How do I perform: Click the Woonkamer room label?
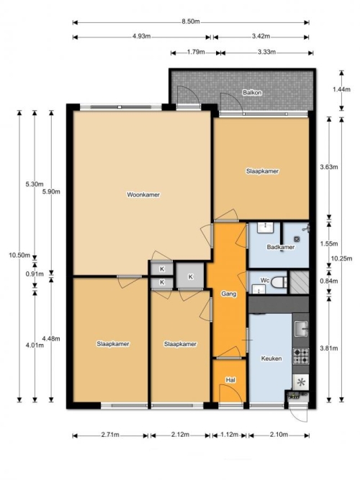[x=143, y=195]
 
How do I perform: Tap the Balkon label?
[x=252, y=92]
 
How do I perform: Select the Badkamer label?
[x=281, y=247]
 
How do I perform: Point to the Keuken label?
[x=271, y=358]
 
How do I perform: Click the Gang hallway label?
[x=229, y=294]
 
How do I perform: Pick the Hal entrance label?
[x=230, y=380]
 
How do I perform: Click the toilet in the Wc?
[x=279, y=282]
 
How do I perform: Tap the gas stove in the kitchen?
[x=301, y=356]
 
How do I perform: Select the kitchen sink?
[x=301, y=329]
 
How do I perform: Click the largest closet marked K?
[x=190, y=276]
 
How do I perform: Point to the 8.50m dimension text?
[x=191, y=22]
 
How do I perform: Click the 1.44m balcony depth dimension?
[x=341, y=89]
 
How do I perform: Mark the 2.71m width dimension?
[x=110, y=435]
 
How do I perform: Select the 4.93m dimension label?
[x=142, y=36]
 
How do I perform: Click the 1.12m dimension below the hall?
[x=230, y=435]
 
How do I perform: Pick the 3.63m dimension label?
[x=329, y=167]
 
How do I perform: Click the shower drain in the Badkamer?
[x=297, y=240]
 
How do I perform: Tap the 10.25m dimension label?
[x=342, y=258]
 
